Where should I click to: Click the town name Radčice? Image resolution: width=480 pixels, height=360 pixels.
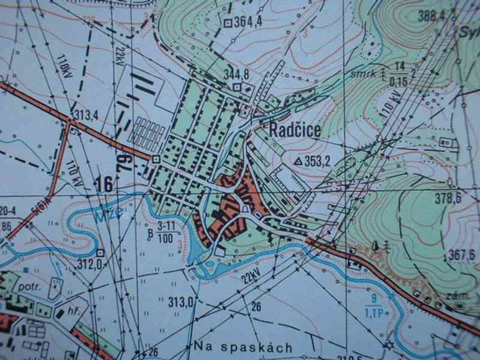tap(295, 130)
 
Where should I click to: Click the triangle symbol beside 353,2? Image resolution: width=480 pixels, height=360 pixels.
tap(298, 161)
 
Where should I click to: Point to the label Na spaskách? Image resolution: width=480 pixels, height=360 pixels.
tap(244, 347)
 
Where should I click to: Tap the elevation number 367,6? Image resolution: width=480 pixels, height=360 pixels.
tap(463, 256)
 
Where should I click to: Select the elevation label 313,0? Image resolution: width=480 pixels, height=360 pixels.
tap(182, 301)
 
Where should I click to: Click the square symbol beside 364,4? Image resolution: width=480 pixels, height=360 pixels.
tap(228, 23)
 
